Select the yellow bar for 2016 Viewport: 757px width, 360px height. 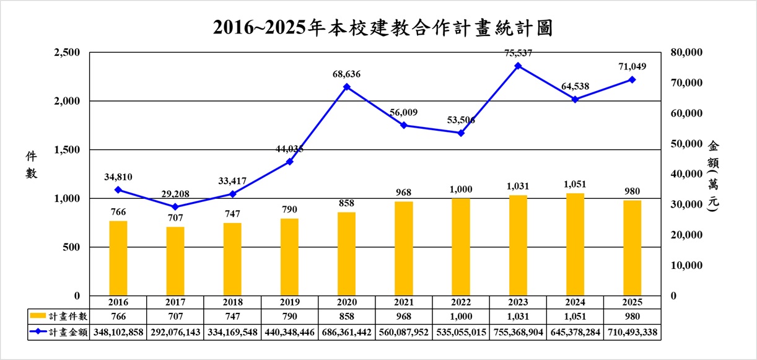tap(118, 258)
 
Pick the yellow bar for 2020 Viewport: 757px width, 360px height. tap(346, 254)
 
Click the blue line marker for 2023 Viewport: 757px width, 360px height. tap(518, 66)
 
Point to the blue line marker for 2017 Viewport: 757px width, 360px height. tap(175, 207)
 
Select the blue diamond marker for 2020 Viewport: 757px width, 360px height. tap(346, 87)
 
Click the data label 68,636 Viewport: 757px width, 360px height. tap(346, 74)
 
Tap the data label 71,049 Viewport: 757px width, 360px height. tap(631, 66)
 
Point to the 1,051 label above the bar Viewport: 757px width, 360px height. tap(575, 184)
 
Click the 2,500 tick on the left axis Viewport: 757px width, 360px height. tap(67, 53)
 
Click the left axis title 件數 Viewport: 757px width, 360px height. tap(31, 164)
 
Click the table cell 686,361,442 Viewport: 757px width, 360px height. tap(346, 333)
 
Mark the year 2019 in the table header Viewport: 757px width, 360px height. tap(289, 302)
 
